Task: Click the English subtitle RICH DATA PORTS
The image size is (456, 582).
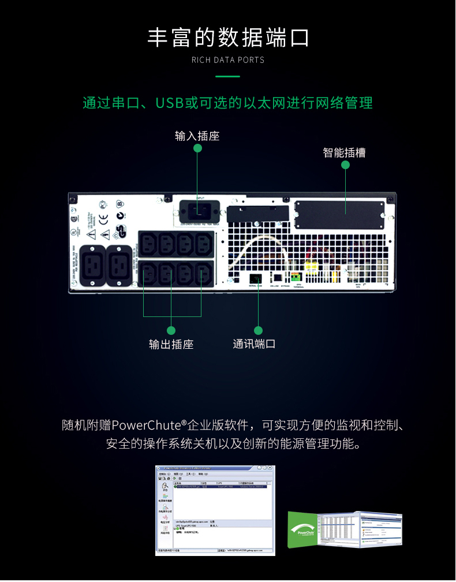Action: pos(228,60)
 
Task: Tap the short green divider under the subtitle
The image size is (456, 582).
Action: pos(227,76)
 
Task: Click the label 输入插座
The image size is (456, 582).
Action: pos(197,136)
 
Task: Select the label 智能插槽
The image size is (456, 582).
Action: pos(344,153)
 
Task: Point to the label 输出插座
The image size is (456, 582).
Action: pos(171,345)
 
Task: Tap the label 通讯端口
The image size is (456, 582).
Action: pos(254,344)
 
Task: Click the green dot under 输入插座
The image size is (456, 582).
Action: pos(197,148)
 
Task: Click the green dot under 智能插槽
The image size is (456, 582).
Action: pos(345,165)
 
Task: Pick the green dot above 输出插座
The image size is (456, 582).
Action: pos(171,330)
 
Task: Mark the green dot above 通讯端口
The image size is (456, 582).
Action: pos(258,330)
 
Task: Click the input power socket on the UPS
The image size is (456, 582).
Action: pos(200,208)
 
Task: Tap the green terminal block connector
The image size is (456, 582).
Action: pos(297,277)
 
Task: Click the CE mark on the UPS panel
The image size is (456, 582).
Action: pos(103,218)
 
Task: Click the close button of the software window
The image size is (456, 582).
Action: pos(271,468)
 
